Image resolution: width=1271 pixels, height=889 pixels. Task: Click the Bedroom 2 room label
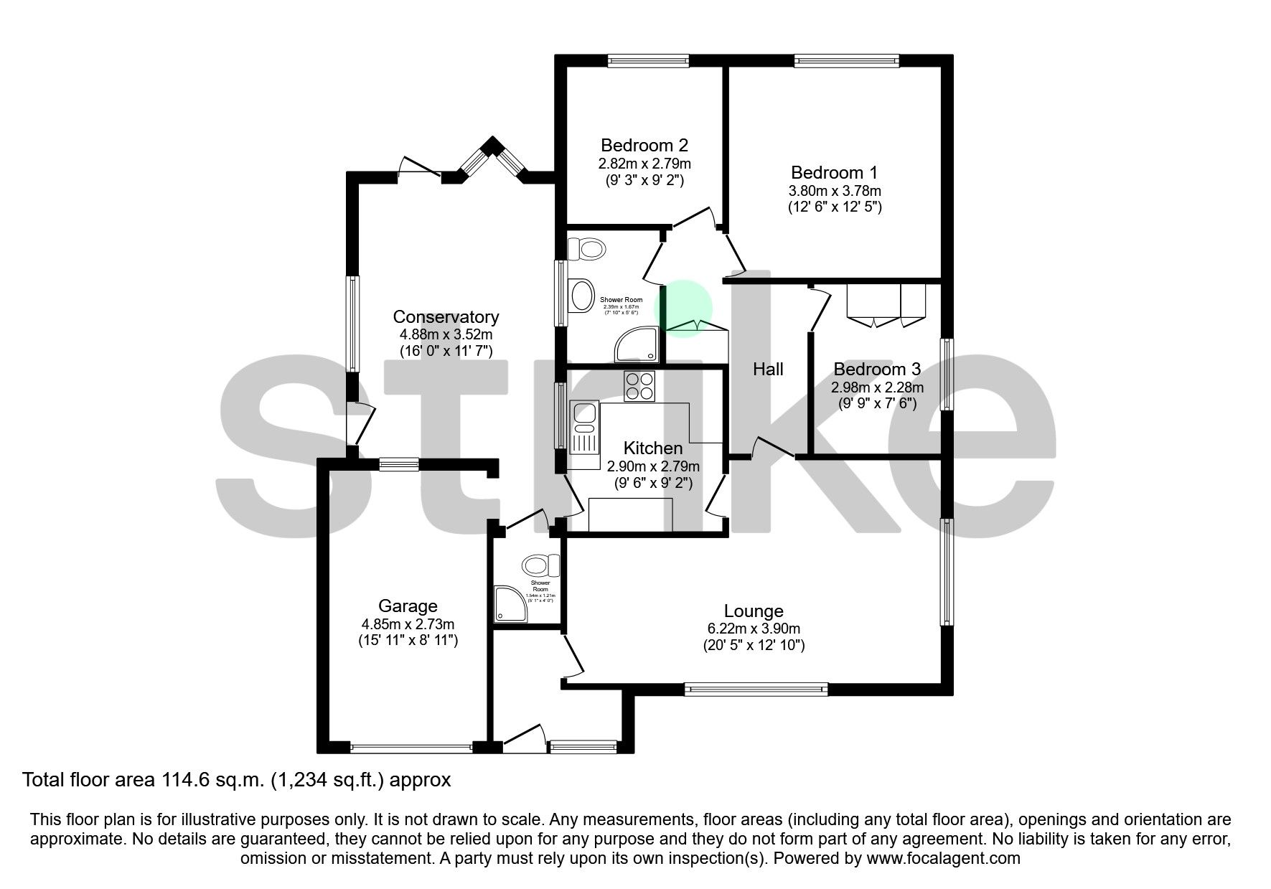coord(644,146)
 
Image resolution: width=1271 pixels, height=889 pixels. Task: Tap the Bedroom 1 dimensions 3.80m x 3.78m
coord(835,191)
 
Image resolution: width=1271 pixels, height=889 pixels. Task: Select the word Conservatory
coord(445,317)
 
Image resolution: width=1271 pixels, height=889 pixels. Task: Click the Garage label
coord(408,606)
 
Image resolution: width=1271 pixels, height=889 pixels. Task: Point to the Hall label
coord(767,370)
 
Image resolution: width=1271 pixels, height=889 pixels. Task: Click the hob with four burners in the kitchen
coord(639,386)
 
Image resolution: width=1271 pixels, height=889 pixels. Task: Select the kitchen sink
coord(583,428)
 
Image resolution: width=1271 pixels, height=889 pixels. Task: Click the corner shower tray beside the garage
coord(510,603)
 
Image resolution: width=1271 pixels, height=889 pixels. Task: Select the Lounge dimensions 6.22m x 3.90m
coord(753,629)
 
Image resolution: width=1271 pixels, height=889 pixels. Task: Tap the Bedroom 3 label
coord(876,370)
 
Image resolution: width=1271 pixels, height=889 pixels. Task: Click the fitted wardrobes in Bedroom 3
coord(886,304)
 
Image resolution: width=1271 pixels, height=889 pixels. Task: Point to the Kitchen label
coord(652,448)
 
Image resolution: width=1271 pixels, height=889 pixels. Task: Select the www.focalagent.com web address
coord(943,858)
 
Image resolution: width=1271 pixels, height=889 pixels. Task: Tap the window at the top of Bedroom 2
coord(648,62)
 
